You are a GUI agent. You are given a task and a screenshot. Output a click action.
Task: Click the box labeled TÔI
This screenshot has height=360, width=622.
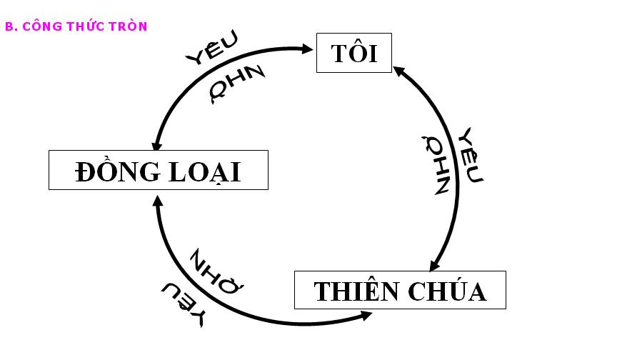coord(354,52)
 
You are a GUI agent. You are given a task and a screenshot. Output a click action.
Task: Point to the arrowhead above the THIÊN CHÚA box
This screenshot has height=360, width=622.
coord(434,265)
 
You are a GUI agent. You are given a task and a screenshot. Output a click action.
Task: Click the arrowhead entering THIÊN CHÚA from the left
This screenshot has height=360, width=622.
coord(365,314)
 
